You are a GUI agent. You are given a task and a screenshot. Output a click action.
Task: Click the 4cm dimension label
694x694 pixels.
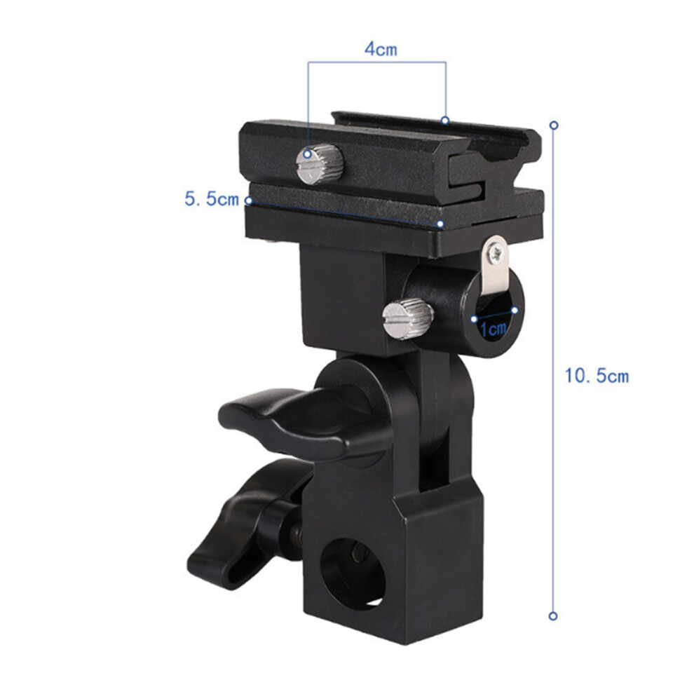(x=381, y=49)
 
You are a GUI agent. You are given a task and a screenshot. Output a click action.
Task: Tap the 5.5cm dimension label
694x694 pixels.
(x=212, y=199)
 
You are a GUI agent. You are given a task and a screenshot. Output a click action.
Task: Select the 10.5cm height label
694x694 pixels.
(x=597, y=376)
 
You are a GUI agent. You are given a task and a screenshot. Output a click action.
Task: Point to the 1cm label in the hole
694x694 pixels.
(x=493, y=329)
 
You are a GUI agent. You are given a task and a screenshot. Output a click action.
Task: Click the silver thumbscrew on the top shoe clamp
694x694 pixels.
(x=320, y=164)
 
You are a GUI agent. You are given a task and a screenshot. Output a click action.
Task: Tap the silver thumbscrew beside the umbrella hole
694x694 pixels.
(x=407, y=319)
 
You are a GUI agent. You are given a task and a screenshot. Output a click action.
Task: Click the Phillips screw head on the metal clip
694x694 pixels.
(x=494, y=253)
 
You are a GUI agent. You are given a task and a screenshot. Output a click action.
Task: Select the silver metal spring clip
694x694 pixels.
(x=494, y=265)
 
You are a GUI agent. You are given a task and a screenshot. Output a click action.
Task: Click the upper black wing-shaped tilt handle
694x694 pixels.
(x=306, y=424)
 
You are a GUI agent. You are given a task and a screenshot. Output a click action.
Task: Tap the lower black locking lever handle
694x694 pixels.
(x=248, y=524)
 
